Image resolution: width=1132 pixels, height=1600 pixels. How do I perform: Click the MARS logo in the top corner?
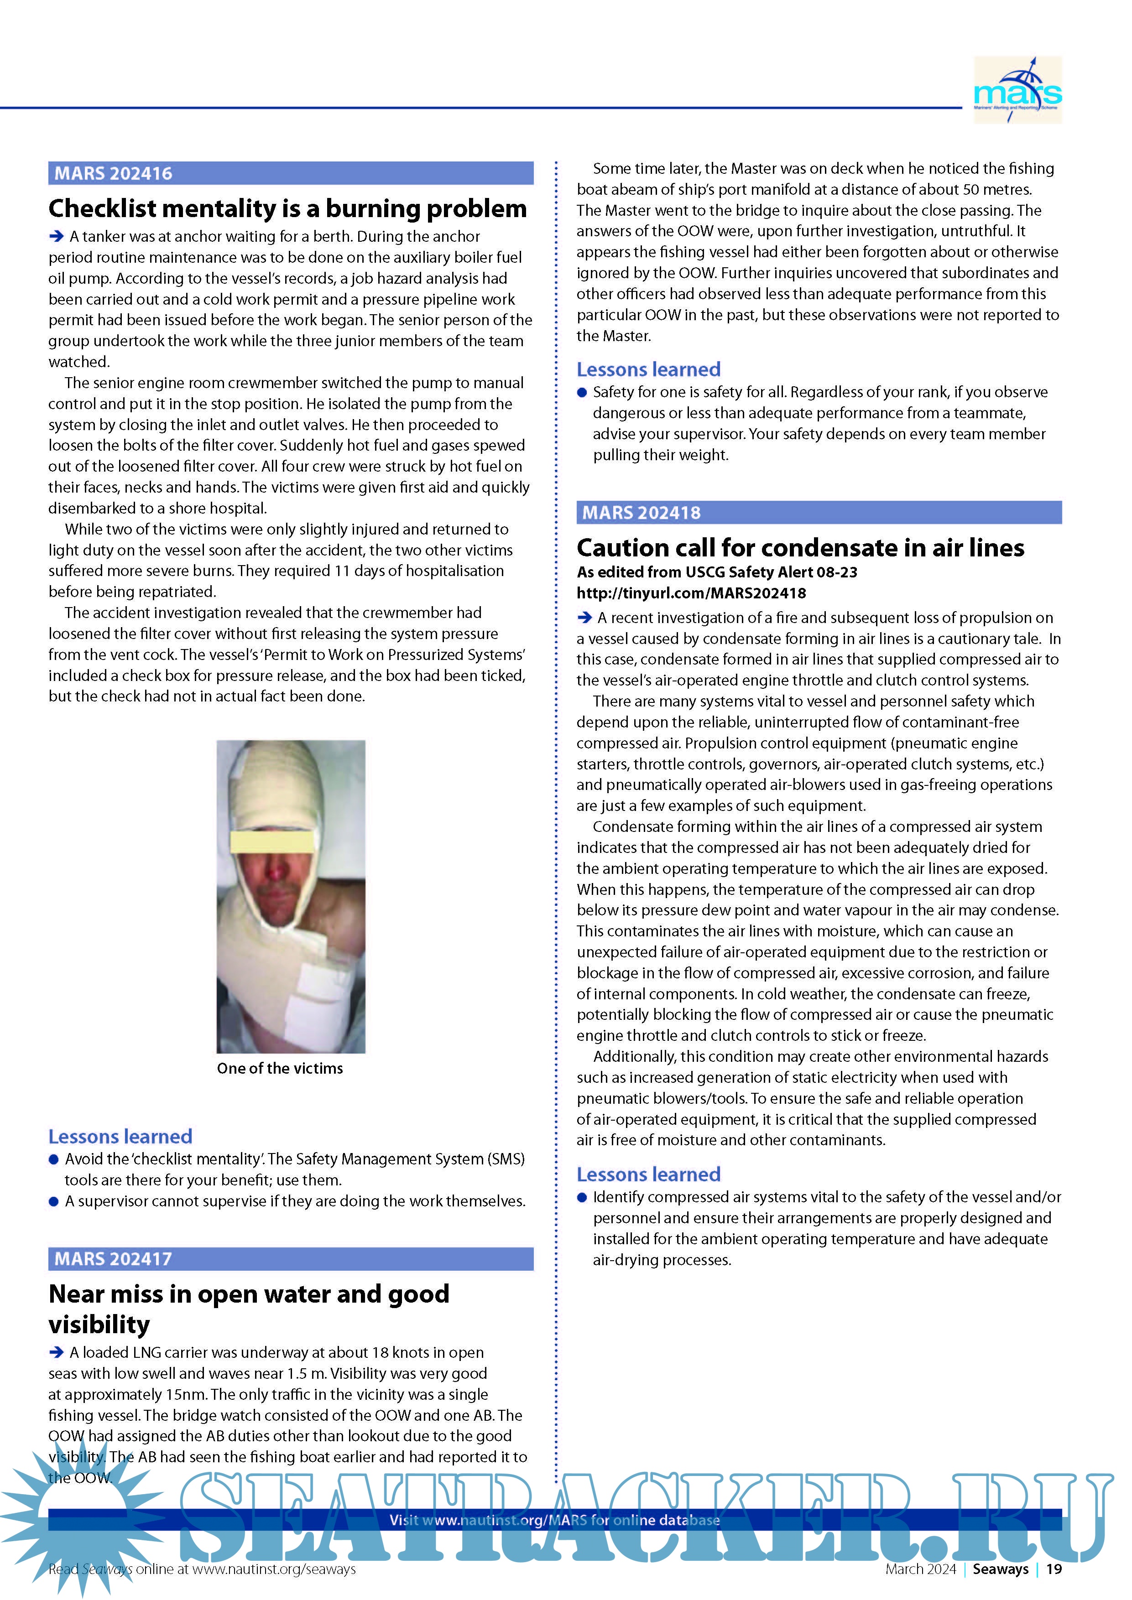click(x=1017, y=91)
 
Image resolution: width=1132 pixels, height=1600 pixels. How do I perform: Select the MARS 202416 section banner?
click(x=291, y=173)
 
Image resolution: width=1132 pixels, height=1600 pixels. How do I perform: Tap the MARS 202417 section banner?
click(x=291, y=1258)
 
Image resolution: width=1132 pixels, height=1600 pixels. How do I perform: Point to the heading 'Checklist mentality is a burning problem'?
click(x=287, y=208)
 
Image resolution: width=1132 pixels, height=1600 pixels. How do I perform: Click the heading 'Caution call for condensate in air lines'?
click(x=800, y=548)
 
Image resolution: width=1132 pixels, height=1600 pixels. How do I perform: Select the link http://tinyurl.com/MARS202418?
click(x=691, y=593)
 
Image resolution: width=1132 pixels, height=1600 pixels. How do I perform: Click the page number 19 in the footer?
click(x=1054, y=1569)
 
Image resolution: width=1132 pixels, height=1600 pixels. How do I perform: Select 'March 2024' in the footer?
click(x=920, y=1569)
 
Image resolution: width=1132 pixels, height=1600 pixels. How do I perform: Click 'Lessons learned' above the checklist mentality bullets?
click(x=120, y=1137)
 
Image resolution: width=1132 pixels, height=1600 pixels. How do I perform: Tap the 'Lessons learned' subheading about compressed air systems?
click(x=648, y=1174)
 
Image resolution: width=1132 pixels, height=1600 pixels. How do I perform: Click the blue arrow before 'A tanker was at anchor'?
click(x=57, y=237)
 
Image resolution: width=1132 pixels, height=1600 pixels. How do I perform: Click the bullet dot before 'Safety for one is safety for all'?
click(x=582, y=392)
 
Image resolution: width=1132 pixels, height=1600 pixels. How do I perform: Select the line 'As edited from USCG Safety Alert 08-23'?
click(x=716, y=572)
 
